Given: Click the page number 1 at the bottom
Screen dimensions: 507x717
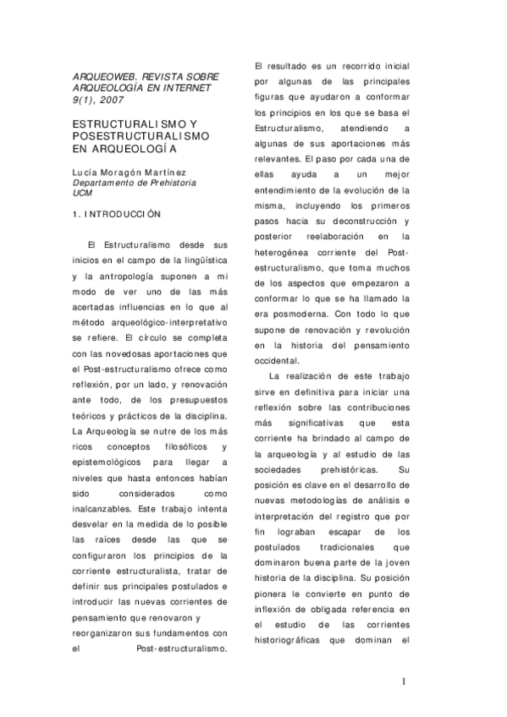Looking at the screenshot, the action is pos(405,681).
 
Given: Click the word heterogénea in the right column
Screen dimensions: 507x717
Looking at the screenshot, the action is pos(289,252).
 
